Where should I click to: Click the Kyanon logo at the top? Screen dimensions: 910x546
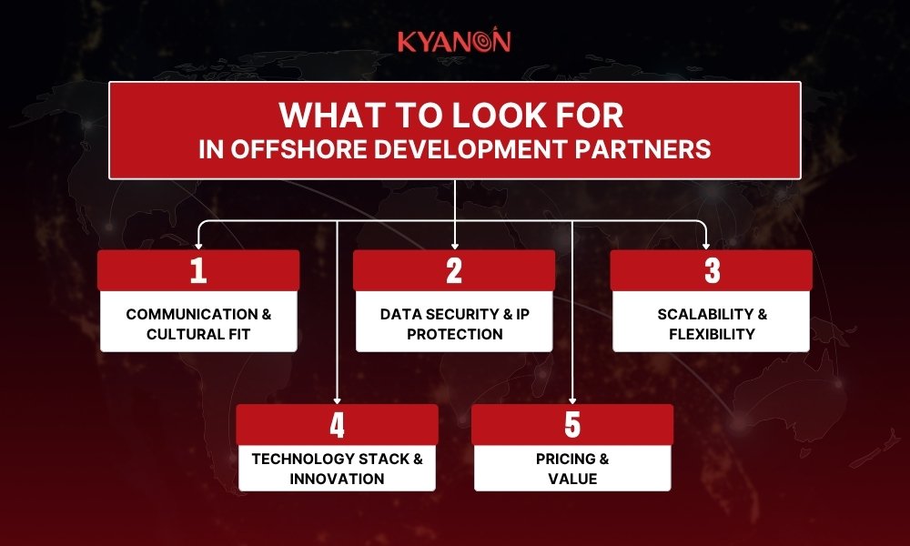click(454, 40)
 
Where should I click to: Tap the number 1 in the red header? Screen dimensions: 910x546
click(198, 270)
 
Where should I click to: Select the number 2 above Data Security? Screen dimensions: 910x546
click(454, 270)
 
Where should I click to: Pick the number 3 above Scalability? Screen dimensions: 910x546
click(713, 270)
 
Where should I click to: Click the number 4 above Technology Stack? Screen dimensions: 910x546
click(338, 425)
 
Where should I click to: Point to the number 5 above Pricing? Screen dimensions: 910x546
click(572, 425)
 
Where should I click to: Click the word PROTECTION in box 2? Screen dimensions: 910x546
click(454, 334)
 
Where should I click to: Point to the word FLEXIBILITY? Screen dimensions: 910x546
click(713, 334)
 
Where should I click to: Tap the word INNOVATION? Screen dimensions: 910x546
click(338, 479)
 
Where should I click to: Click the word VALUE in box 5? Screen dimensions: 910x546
click(572, 479)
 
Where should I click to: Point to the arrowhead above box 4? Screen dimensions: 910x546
click(338, 400)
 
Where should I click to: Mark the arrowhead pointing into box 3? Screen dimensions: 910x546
click(706, 246)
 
